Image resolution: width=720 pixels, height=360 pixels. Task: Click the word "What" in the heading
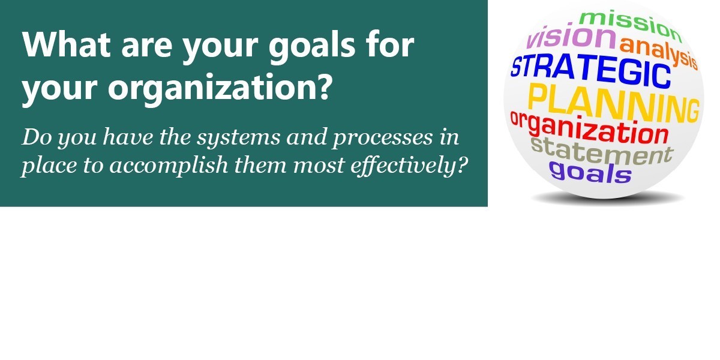click(66, 44)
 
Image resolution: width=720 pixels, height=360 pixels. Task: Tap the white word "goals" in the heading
click(312, 47)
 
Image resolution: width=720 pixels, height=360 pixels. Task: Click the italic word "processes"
click(383, 138)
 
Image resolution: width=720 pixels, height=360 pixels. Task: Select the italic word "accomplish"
click(169, 166)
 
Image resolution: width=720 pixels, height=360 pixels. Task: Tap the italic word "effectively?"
click(409, 166)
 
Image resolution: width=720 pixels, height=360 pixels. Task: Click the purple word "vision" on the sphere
click(571, 37)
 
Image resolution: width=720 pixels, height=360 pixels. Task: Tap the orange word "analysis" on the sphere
click(659, 53)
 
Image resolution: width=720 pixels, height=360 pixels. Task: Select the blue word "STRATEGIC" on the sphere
click(591, 72)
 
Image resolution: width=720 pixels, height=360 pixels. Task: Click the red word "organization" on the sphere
click(589, 129)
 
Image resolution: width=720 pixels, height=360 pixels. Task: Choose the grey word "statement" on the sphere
click(601, 151)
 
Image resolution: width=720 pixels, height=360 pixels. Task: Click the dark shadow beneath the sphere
click(607, 199)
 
